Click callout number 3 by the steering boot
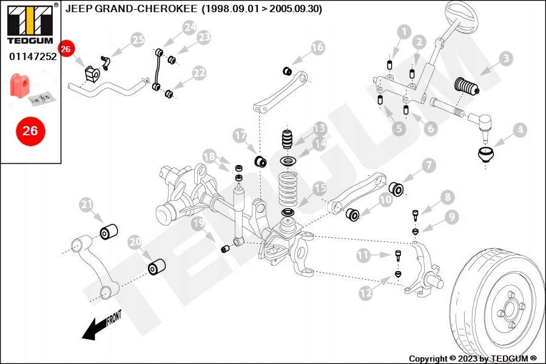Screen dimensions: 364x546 [x=506, y=59]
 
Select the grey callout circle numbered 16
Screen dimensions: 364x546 [x=317, y=47]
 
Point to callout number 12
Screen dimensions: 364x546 [x=365, y=292]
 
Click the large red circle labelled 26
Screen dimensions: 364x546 [x=30, y=130]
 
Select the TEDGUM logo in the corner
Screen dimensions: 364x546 [x=30, y=22]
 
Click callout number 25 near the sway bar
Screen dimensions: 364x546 [x=138, y=41]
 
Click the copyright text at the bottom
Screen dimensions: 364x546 [x=473, y=359]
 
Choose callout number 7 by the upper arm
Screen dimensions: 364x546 [x=428, y=165]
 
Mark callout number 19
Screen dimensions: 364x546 [x=198, y=224]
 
